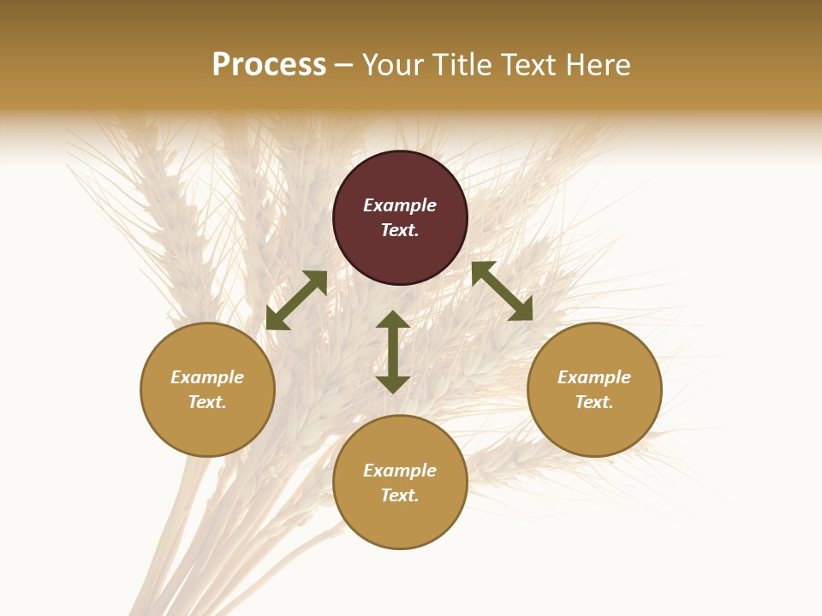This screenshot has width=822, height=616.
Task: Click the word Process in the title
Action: point(269,65)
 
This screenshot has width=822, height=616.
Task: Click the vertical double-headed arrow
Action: point(393,352)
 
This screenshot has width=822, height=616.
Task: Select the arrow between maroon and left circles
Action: point(296,300)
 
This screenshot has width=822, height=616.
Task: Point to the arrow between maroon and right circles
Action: point(502,291)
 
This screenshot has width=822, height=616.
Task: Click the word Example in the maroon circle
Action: point(400,205)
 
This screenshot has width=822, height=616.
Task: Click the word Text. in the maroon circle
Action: point(400,230)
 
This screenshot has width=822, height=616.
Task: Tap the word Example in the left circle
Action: point(207,377)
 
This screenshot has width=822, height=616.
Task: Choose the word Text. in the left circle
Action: point(207,402)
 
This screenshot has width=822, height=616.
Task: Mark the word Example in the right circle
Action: point(594,377)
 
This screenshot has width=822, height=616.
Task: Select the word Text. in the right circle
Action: point(594,402)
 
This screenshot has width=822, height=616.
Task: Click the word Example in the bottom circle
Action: point(400,471)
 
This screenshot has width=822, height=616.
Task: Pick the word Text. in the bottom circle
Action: point(400,495)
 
